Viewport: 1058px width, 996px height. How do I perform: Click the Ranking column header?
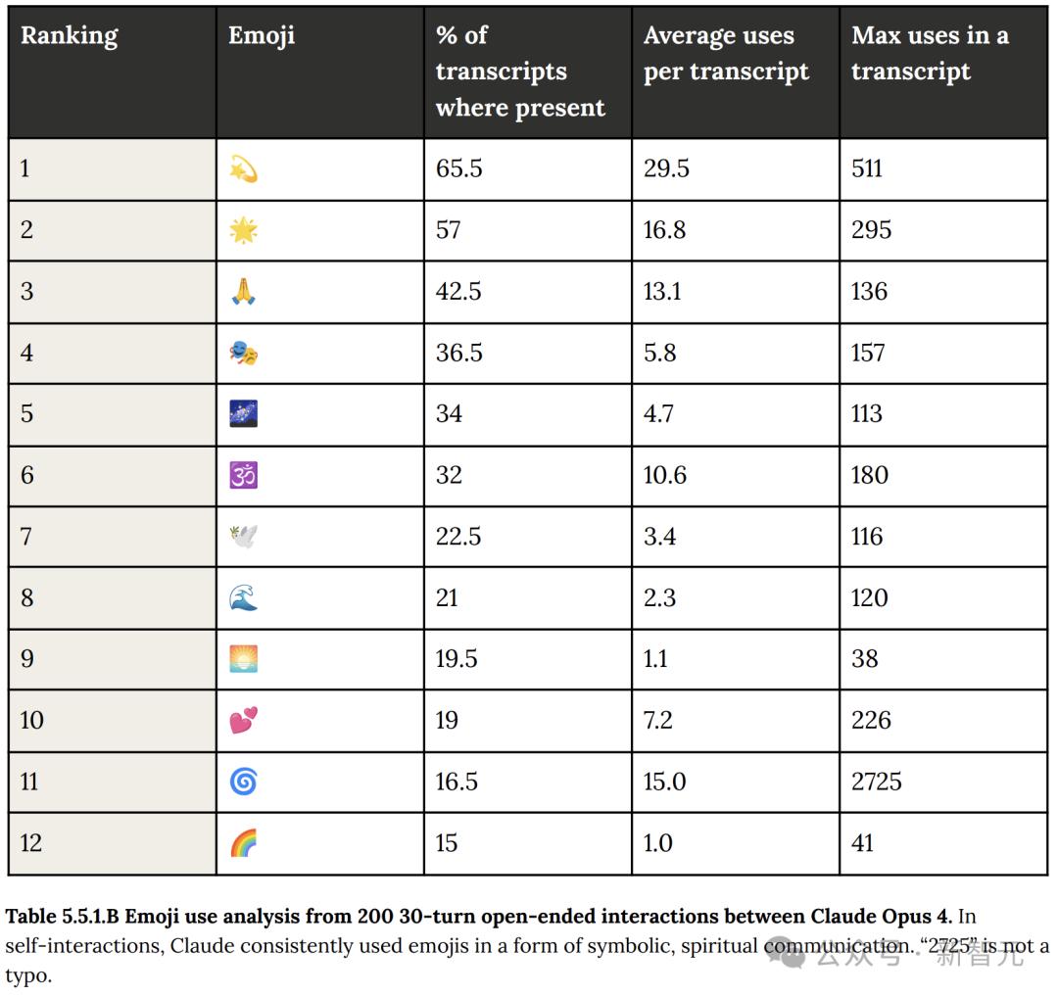coord(69,36)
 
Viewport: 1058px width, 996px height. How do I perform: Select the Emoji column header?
coord(261,36)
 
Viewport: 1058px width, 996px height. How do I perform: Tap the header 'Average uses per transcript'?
coord(726,54)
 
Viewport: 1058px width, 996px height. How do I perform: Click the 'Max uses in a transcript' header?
coord(929,54)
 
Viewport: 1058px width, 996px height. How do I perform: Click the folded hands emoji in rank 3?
coord(243,292)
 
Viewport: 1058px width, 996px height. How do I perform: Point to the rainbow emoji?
coord(243,843)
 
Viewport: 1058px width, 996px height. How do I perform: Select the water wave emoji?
coord(243,597)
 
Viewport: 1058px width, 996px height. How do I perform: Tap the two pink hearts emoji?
coord(243,721)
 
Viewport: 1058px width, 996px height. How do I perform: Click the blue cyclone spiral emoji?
coord(243,782)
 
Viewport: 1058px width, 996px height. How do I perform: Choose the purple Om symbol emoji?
coord(243,475)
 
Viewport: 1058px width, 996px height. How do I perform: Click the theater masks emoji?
coord(243,353)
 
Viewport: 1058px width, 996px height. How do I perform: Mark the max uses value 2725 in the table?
coord(876,782)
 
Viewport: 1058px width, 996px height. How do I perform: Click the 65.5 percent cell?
coord(458,168)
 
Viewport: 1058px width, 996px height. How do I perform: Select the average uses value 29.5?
coord(666,168)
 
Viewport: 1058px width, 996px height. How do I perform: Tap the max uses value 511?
coord(867,168)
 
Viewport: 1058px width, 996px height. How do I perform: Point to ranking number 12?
coord(31,843)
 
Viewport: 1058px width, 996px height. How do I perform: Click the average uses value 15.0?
coord(664,782)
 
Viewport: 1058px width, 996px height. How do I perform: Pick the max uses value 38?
coord(864,659)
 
